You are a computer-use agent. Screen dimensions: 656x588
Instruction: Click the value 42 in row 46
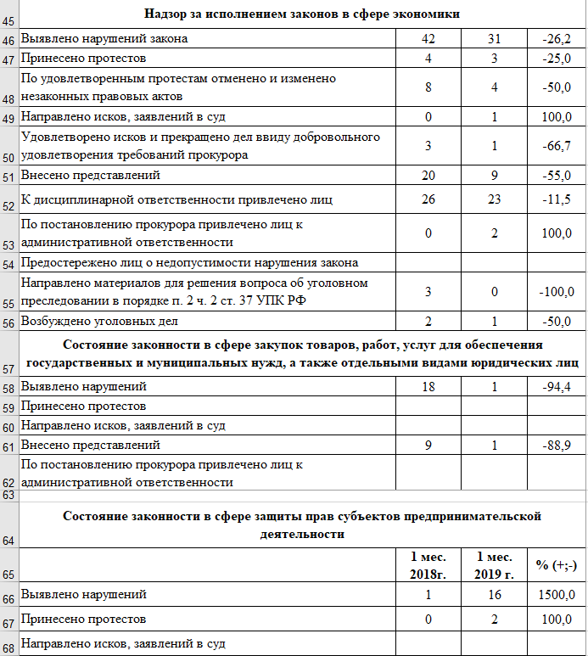428,39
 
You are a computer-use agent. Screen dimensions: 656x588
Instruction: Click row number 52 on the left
9,206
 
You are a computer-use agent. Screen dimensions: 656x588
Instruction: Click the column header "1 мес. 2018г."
428,564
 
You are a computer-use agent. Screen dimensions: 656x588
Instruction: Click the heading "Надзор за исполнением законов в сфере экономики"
303,14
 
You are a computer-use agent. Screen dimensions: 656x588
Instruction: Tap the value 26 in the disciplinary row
428,199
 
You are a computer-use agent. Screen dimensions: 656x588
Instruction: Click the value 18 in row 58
428,387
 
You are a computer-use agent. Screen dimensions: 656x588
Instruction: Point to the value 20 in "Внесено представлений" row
428,175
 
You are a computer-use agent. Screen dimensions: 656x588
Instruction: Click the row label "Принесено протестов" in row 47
82,59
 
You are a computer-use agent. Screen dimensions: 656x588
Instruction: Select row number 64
9,541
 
